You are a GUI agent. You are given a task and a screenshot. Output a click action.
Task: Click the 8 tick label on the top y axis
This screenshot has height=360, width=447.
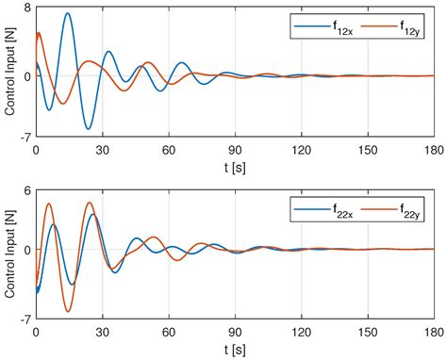[x=27, y=8]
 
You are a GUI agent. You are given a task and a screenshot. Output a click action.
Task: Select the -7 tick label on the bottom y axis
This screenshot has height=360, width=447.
[x=25, y=319]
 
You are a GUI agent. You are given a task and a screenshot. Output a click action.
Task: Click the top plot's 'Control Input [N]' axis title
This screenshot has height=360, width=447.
[x=9, y=74]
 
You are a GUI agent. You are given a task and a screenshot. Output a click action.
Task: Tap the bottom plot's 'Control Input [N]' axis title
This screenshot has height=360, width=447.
[x=9, y=254]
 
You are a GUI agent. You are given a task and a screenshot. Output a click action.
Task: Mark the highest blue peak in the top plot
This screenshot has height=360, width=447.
[x=67, y=13]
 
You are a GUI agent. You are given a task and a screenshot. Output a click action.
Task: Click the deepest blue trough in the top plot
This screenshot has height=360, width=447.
[x=88, y=128]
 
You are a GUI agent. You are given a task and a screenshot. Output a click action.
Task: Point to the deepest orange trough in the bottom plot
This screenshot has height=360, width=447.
[x=68, y=311]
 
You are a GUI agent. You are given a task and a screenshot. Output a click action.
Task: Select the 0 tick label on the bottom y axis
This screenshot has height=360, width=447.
[x=27, y=250]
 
